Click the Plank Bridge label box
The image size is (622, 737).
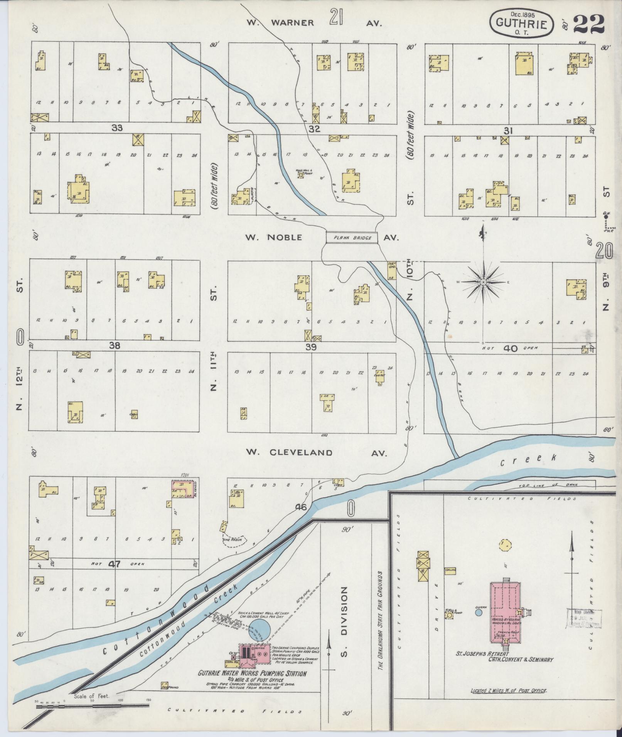351,237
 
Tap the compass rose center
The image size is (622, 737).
483,282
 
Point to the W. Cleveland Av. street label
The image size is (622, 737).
316,452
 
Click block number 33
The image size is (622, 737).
117,128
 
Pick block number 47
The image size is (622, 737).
114,564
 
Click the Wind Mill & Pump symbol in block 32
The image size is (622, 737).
300,175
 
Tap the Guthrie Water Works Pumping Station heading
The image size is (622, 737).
253,674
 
